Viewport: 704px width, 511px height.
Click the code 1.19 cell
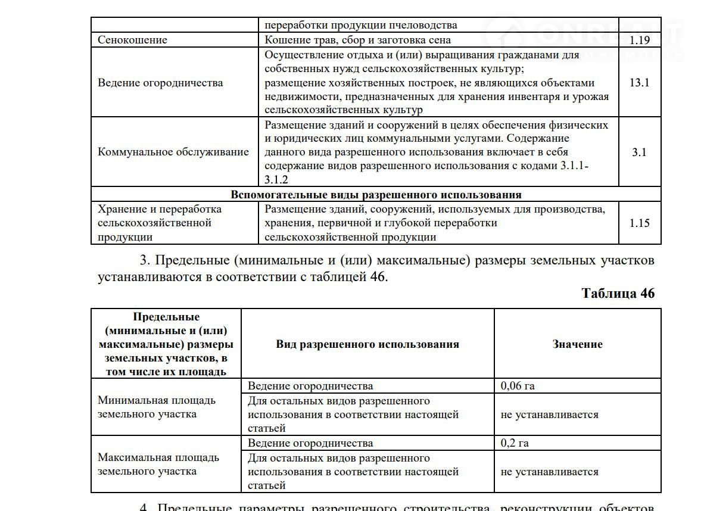pyautogui.click(x=639, y=40)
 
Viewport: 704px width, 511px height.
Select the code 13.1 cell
pyautogui.click(x=639, y=83)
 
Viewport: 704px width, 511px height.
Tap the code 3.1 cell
pyautogui.click(x=639, y=152)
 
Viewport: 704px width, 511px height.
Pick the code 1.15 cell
pyautogui.click(x=639, y=223)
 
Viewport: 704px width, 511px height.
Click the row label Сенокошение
pyautogui.click(x=132, y=40)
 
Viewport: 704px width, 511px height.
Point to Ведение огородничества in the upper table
pyautogui.click(x=160, y=83)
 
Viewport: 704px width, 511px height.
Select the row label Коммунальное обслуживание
pyautogui.click(x=173, y=152)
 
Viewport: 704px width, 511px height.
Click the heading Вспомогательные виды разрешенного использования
pyautogui.click(x=376, y=195)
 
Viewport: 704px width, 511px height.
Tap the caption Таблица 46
pyautogui.click(x=618, y=294)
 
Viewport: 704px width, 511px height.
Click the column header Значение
pyautogui.click(x=577, y=344)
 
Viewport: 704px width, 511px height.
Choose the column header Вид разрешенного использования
pyautogui.click(x=367, y=344)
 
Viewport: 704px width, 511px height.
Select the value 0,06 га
pyautogui.click(x=518, y=386)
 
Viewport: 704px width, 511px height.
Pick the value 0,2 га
pyautogui.click(x=515, y=443)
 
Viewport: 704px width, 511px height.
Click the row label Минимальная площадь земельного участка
pyautogui.click(x=157, y=407)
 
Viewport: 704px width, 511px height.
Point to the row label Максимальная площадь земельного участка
pyautogui.click(x=158, y=465)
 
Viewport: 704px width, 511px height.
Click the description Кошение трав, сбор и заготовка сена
pyautogui.click(x=357, y=40)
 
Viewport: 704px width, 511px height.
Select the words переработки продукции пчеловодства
pyautogui.click(x=361, y=26)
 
